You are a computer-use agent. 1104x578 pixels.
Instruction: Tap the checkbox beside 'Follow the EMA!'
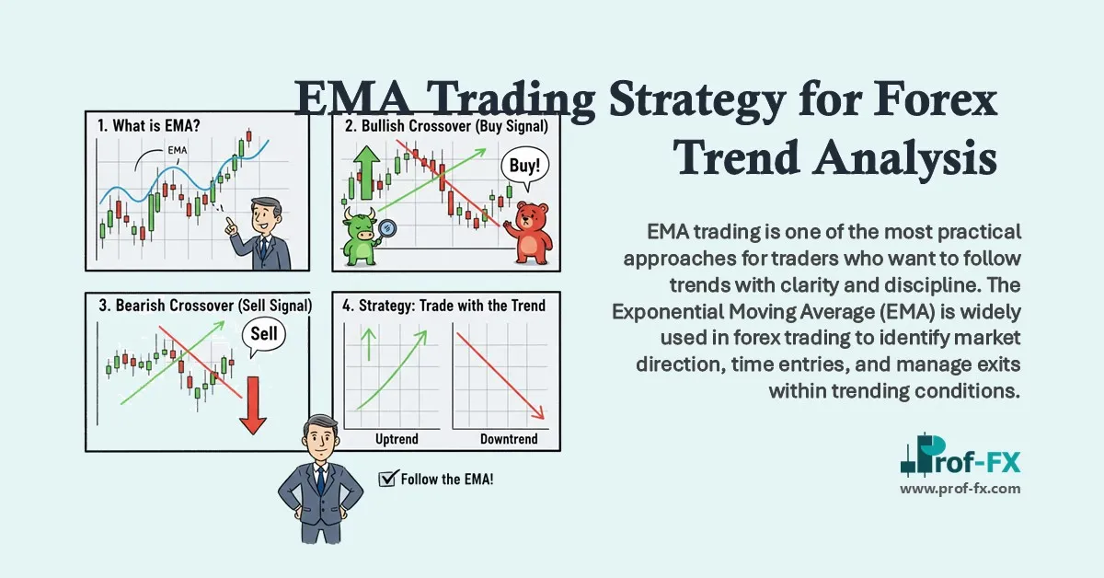(386, 479)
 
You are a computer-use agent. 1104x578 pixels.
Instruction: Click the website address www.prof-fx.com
(960, 489)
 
